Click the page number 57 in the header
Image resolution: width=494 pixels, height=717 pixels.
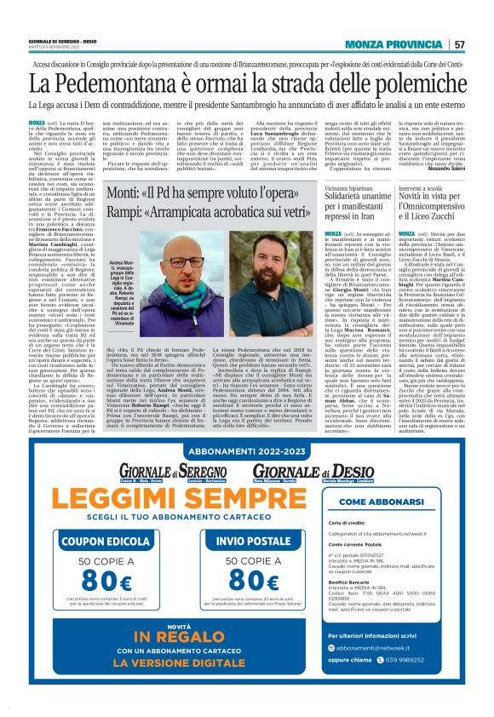(482, 44)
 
